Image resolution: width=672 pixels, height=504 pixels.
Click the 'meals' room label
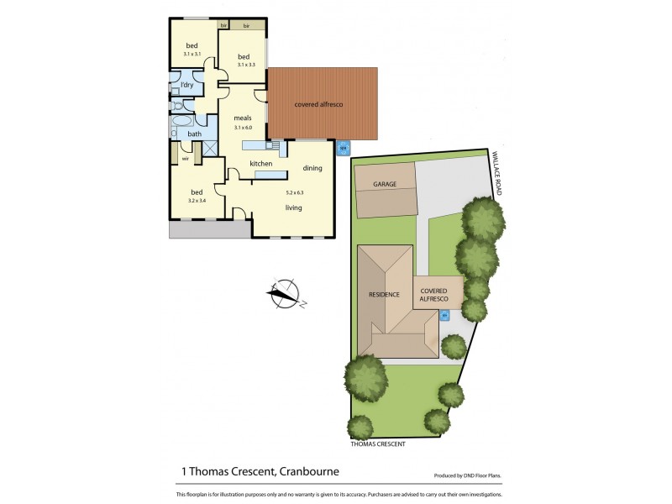point(243,117)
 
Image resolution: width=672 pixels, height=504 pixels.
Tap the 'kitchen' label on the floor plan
point(260,163)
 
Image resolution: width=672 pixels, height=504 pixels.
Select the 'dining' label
point(312,168)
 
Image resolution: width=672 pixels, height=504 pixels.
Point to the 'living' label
point(293,207)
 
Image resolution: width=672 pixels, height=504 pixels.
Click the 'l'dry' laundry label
point(186,86)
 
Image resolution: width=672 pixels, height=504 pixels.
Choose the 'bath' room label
point(194,134)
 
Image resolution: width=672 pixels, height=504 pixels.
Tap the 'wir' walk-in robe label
point(185,156)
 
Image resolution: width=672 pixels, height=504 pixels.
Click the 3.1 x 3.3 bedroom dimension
point(246,65)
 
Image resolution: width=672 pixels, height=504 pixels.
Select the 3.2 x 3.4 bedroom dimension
point(197,201)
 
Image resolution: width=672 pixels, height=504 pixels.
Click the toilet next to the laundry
point(178,106)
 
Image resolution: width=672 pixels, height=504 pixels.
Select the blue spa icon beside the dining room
point(342,150)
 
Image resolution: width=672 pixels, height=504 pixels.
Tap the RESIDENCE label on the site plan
point(384,295)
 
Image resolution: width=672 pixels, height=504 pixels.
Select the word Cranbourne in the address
point(314,472)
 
